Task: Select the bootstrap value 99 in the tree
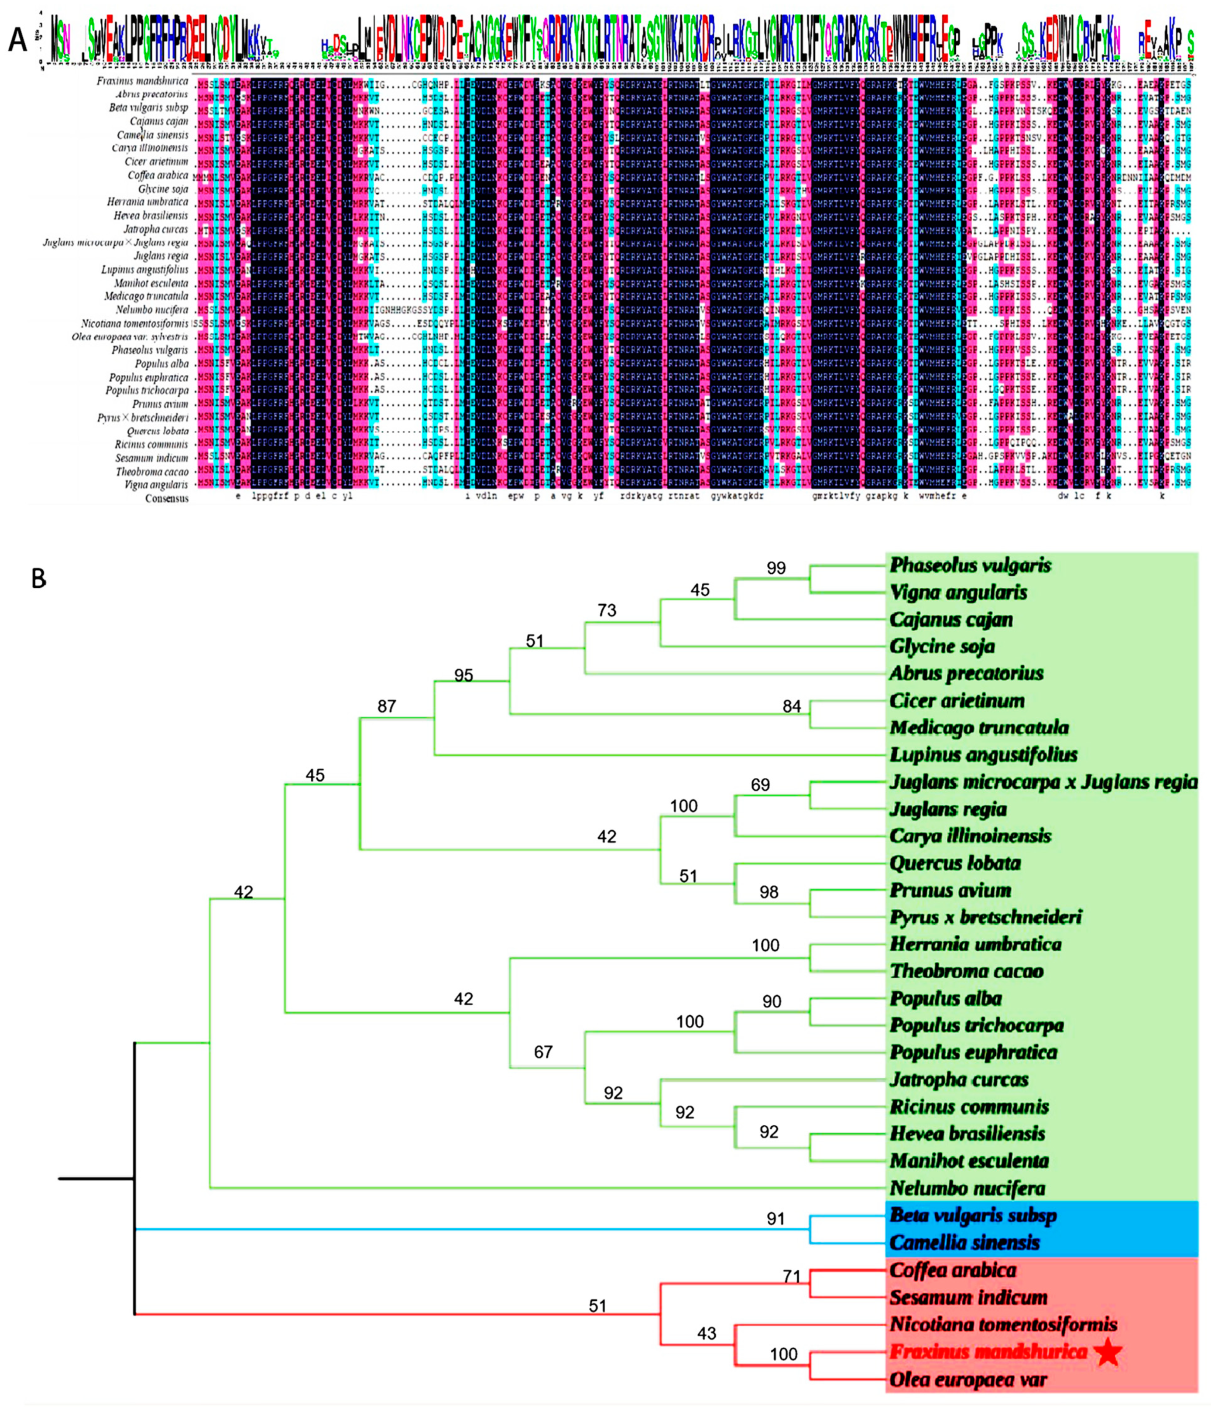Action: tap(775, 568)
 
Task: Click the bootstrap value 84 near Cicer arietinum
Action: tap(792, 707)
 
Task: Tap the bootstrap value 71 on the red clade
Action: tap(792, 1277)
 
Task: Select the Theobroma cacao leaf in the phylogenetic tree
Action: tap(966, 971)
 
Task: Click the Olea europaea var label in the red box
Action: tap(968, 1380)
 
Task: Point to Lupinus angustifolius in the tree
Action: tap(983, 754)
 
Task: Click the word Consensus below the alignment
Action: tap(167, 498)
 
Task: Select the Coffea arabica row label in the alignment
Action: tap(158, 175)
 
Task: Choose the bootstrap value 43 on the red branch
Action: tap(707, 1333)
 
